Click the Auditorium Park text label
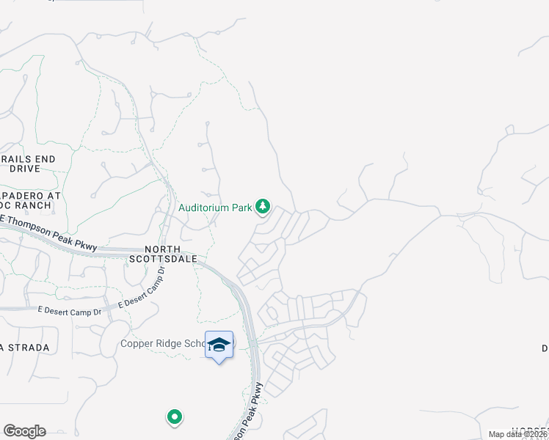(x=216, y=208)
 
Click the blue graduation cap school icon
(x=219, y=344)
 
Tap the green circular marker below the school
(x=175, y=417)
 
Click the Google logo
(x=24, y=431)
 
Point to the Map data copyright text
(x=517, y=434)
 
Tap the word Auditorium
(x=204, y=208)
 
